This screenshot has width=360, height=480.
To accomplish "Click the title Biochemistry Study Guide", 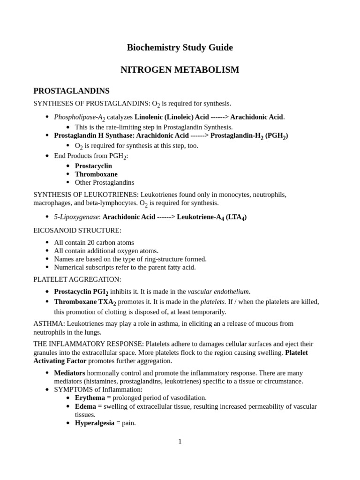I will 180,47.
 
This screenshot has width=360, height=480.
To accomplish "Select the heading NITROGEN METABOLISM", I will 180,70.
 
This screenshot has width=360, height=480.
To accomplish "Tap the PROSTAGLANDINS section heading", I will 71,91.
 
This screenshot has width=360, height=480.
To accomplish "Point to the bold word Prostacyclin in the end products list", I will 93,166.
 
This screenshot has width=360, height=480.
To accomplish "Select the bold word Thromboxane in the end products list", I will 96,174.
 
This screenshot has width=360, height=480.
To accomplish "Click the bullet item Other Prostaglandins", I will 104,182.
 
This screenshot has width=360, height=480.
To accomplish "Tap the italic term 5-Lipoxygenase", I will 76,217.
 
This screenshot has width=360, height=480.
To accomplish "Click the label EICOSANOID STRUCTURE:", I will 77,230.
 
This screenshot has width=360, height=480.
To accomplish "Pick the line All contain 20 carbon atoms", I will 94,242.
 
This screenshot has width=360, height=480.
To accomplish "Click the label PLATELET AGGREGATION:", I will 77,279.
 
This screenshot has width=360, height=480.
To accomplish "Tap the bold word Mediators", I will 69,373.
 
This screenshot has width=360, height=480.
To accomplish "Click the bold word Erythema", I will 90,397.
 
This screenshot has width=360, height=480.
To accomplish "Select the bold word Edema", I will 85,406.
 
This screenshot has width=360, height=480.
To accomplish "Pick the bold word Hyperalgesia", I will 94,423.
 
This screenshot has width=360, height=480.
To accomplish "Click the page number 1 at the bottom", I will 180,441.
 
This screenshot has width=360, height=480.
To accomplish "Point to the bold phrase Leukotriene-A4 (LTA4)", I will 211,217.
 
